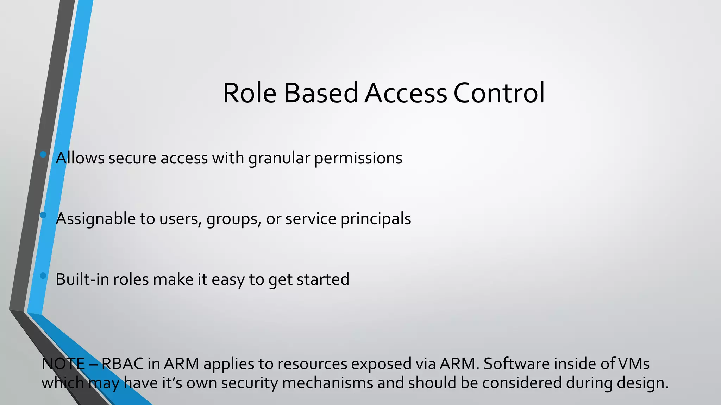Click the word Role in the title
250,93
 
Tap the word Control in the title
499,93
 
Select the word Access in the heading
406,93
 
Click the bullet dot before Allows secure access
43,154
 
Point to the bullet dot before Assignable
43,215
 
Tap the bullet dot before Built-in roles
43,276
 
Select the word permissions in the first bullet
358,158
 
